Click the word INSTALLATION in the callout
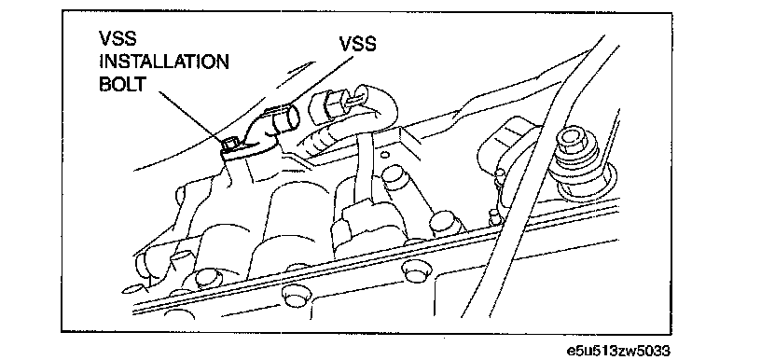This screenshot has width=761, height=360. pyautogui.click(x=164, y=62)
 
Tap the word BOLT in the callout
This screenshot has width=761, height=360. pyautogui.click(x=122, y=84)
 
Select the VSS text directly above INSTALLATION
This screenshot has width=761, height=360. pyautogui.click(x=118, y=39)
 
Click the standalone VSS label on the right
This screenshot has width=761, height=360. pyautogui.click(x=357, y=44)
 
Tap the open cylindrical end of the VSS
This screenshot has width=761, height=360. pyautogui.click(x=287, y=119)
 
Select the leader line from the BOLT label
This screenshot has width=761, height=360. pyautogui.click(x=189, y=116)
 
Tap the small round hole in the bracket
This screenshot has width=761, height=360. pyautogui.click(x=385, y=155)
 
